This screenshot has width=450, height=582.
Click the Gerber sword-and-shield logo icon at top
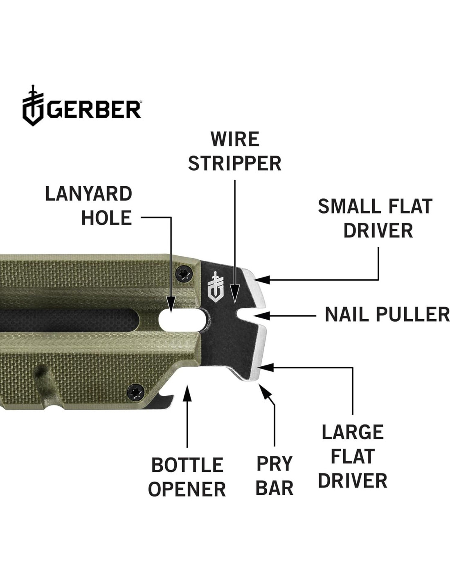(33, 105)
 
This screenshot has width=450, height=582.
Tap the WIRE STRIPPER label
(235, 151)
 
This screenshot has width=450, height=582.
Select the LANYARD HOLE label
(89, 205)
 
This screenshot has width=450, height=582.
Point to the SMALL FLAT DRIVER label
(375, 219)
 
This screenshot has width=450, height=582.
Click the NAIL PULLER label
(387, 315)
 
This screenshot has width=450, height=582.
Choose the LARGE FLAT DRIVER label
(353, 456)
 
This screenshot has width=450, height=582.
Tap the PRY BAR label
(274, 476)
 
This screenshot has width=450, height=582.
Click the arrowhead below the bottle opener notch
(187, 390)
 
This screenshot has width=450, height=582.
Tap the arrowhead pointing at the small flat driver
(261, 280)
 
